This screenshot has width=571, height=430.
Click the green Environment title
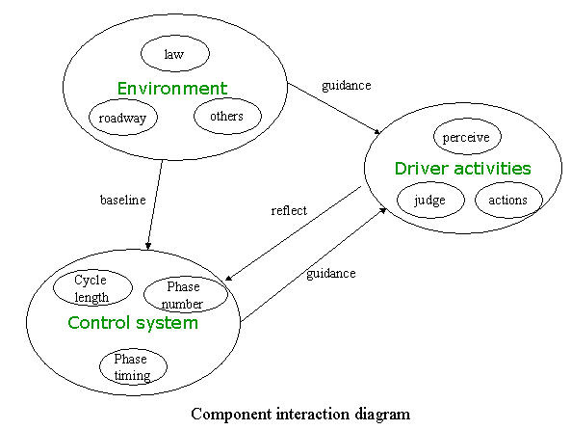click(172, 89)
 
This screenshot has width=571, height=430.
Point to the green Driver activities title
click(463, 169)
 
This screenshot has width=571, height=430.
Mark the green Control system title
click(133, 323)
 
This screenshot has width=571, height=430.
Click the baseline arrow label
click(123, 200)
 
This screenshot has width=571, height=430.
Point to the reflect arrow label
click(289, 210)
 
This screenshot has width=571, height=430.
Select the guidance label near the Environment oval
click(347, 86)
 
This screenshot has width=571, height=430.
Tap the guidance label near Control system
click(331, 274)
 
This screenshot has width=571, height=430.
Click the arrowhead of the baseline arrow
click(148, 246)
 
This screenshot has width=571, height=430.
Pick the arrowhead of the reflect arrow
click(229, 278)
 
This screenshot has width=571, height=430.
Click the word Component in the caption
click(231, 415)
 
